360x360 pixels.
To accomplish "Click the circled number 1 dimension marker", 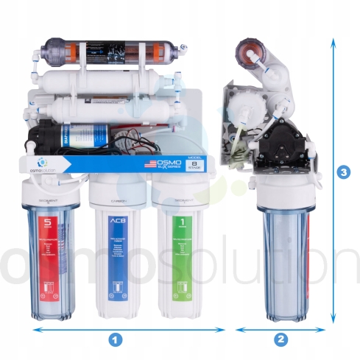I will [x=115, y=339].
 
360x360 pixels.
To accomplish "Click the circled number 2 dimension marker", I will [x=280, y=339].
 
